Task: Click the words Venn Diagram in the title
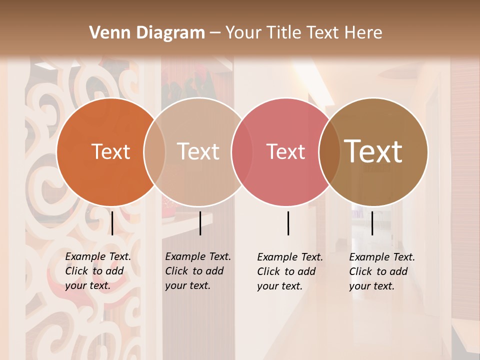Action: click(147, 33)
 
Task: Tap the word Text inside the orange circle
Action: click(110, 152)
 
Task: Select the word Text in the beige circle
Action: click(198, 152)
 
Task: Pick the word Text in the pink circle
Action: click(285, 152)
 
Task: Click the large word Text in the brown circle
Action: click(373, 151)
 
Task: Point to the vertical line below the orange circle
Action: click(112, 223)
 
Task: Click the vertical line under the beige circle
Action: click(200, 223)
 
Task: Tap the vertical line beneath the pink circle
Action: click(288, 223)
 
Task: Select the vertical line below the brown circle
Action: click(372, 223)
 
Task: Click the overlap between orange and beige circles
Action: click(154, 152)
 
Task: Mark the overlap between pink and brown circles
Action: click(329, 152)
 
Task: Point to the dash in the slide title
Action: click(215, 33)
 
